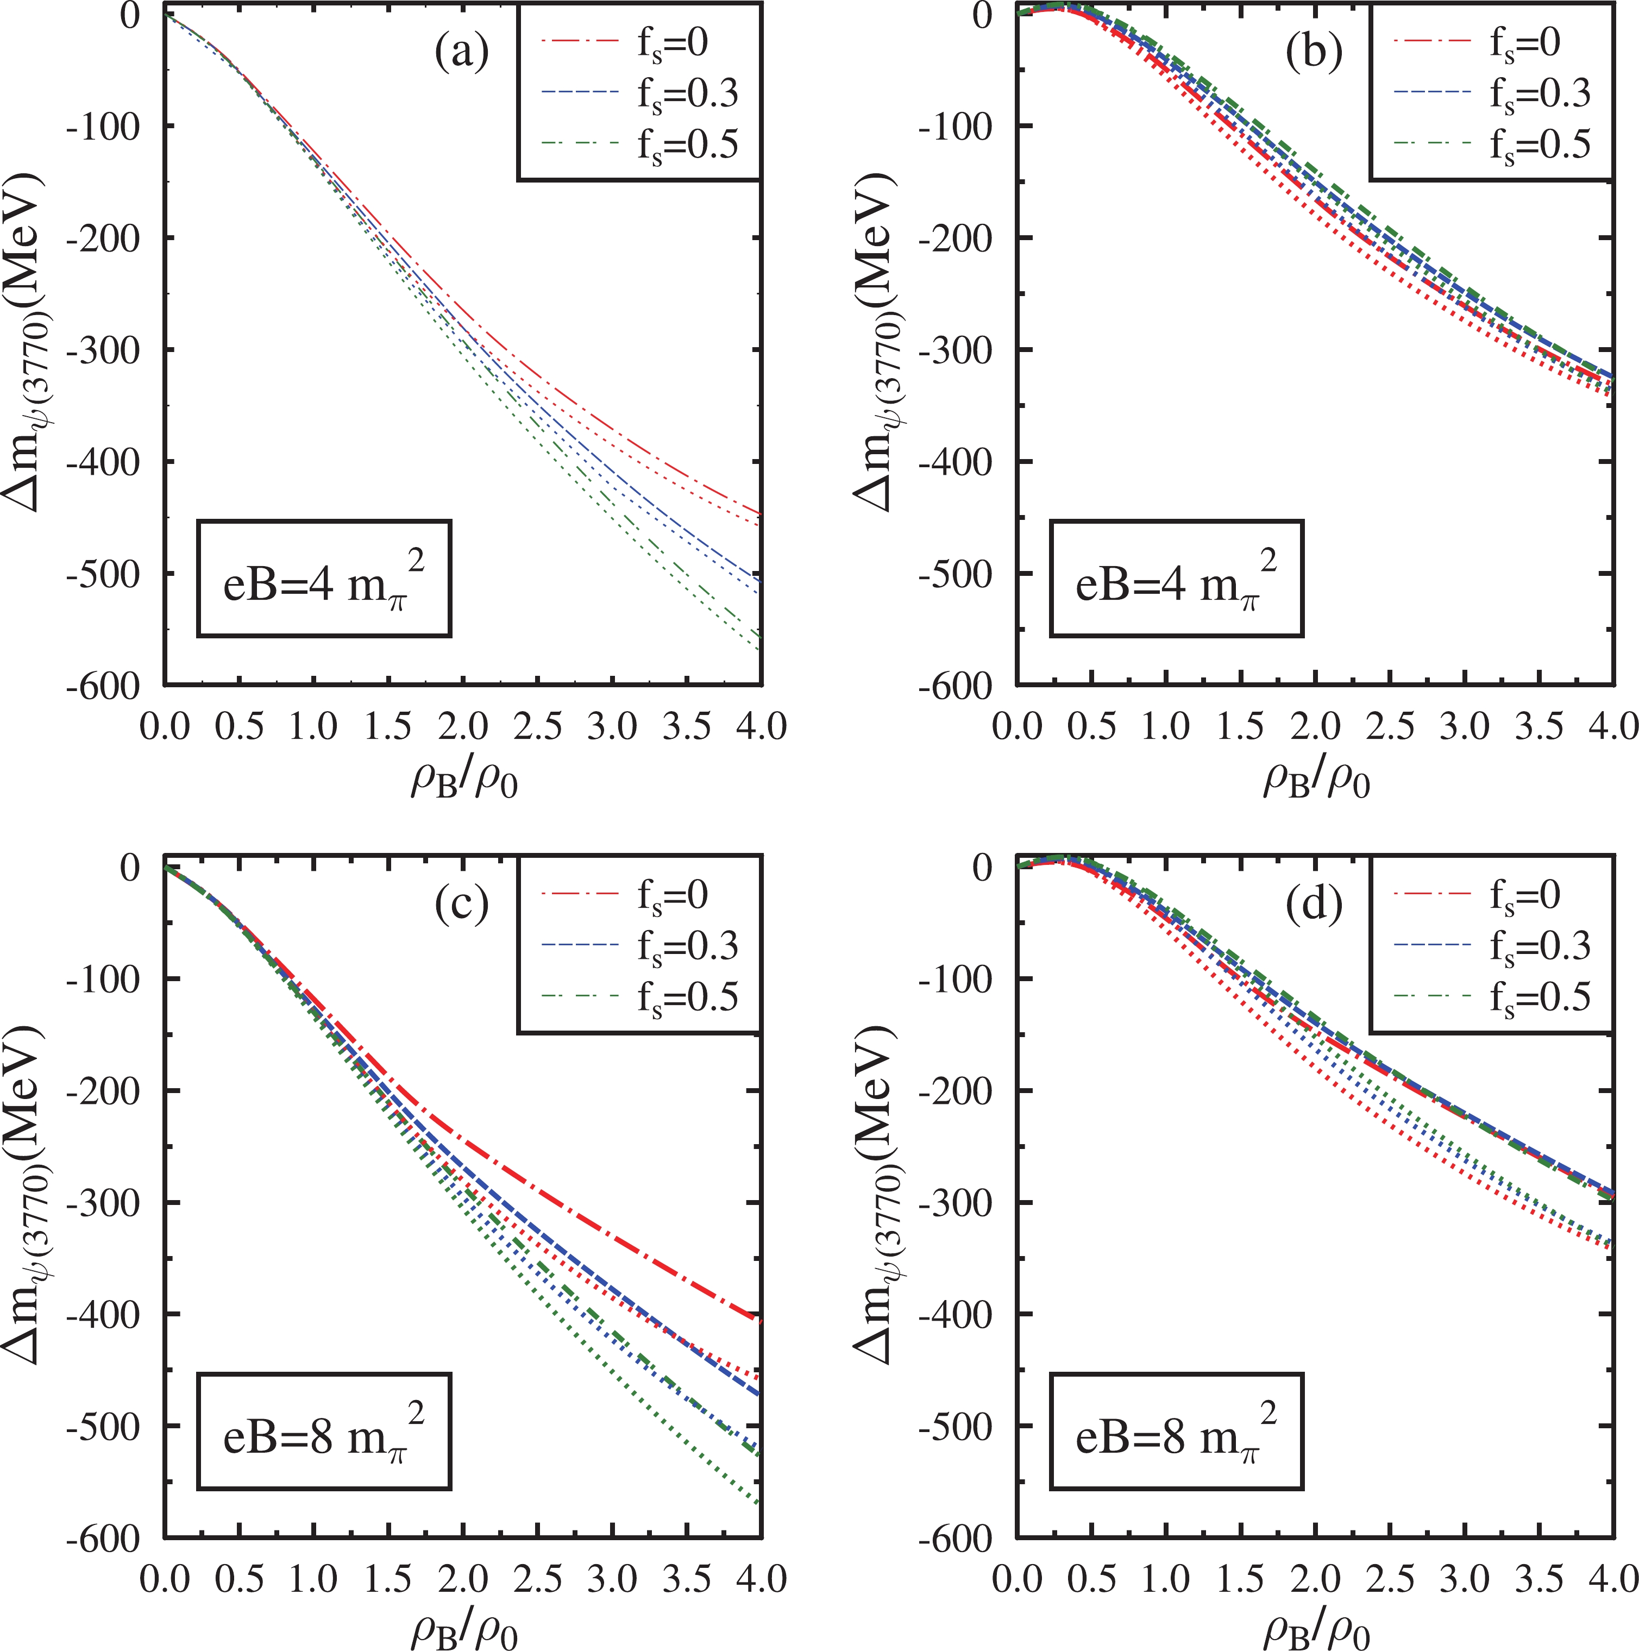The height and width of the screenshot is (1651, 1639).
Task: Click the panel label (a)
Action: click(x=461, y=53)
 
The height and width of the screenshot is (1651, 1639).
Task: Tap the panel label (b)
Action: click(x=1314, y=53)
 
